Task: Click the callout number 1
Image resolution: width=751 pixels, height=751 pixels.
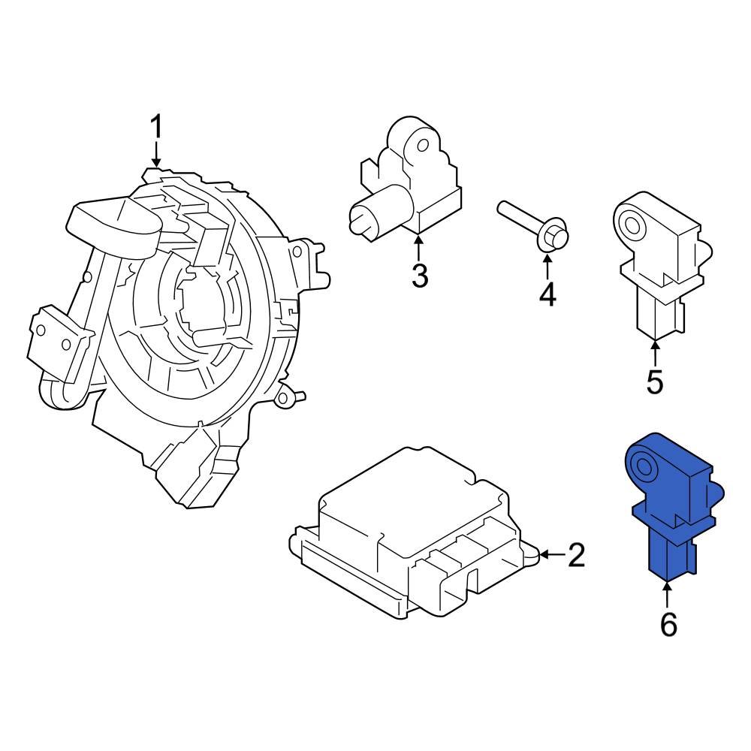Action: (x=156, y=127)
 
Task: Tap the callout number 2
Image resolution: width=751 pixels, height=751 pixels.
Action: (x=576, y=555)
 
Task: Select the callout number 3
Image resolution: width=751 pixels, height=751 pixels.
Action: (x=419, y=276)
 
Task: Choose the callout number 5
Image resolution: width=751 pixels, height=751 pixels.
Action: (x=655, y=382)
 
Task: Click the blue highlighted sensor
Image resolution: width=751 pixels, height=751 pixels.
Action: (x=668, y=511)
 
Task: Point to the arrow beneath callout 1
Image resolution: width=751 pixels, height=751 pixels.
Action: (x=156, y=156)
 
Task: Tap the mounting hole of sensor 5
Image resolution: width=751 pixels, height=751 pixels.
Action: (x=630, y=222)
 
